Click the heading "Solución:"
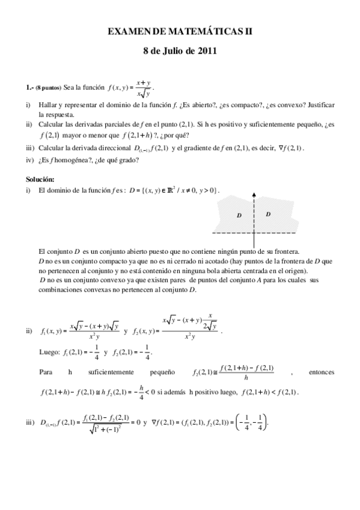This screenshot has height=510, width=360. pyautogui.click(x=40, y=179)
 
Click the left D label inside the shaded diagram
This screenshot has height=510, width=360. pyautogui.click(x=239, y=215)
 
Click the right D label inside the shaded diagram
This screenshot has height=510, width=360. pyautogui.click(x=268, y=214)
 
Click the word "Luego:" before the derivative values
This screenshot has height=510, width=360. pyautogui.click(x=49, y=353)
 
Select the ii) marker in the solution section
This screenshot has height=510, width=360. pyautogui.click(x=29, y=331)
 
